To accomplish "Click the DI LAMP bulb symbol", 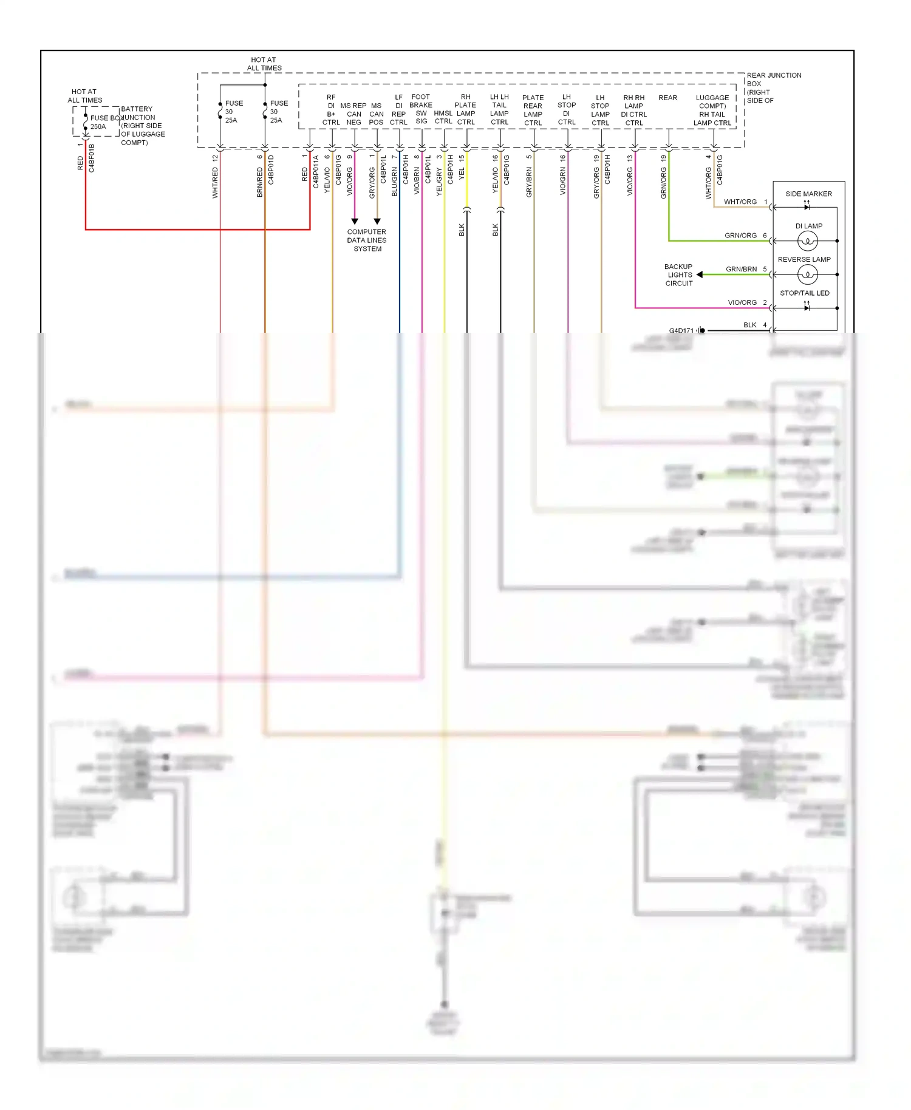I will [807, 241].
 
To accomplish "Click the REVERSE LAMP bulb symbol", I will [807, 275].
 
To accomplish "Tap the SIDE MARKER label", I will [808, 194].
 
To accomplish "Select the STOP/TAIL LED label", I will [804, 293].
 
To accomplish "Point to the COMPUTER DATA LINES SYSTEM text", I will [367, 240].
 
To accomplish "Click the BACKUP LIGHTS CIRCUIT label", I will [678, 275].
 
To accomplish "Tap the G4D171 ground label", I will [681, 330].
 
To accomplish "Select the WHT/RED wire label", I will [215, 183].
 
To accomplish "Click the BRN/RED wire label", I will [260, 182].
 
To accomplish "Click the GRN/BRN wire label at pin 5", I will [741, 269].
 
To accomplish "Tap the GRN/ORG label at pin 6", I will [740, 236].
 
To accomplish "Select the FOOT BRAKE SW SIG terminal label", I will [420, 109].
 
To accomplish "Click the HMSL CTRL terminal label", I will [443, 117].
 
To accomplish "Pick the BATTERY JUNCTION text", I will [138, 113].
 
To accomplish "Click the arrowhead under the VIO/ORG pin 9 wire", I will [355, 221].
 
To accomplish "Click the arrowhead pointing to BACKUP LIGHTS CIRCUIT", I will [700, 274].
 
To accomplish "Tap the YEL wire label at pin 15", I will [462, 174].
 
